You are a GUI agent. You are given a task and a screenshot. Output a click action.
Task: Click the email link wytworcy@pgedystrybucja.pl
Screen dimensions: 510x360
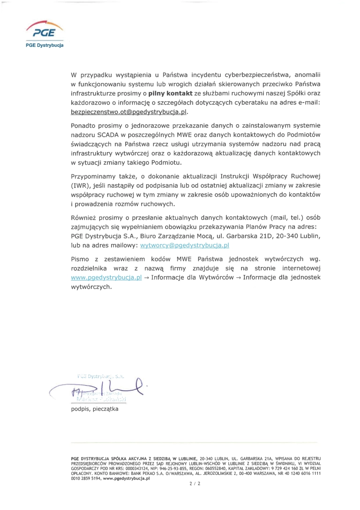(x=184, y=245)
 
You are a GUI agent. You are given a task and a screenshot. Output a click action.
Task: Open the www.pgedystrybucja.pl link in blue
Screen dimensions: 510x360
(x=106, y=278)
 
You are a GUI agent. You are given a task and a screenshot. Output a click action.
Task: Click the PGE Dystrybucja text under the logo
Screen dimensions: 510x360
(x=45, y=46)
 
